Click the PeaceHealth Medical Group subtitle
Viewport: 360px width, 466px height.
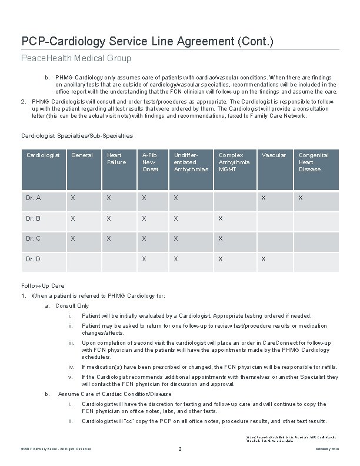(76, 58)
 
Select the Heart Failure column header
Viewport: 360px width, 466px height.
(116, 159)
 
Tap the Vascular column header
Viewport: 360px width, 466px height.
(274, 155)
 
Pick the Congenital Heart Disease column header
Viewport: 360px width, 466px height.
(314, 162)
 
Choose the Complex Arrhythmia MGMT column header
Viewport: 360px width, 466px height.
(234, 162)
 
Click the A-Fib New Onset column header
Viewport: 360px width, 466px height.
(151, 162)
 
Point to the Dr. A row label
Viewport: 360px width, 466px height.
(34, 198)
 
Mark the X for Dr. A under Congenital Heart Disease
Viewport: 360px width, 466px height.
(301, 198)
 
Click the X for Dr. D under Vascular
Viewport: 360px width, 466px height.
(264, 259)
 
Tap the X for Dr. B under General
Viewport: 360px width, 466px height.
(73, 219)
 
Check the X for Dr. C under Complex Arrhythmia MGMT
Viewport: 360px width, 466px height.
(221, 239)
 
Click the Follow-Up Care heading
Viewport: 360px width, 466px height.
(43, 285)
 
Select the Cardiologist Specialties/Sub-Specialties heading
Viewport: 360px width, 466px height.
(77, 136)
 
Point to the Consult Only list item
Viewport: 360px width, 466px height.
(72, 306)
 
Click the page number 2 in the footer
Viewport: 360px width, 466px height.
(179, 450)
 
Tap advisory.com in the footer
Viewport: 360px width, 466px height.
(328, 450)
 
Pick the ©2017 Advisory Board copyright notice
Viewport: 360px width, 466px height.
(56, 450)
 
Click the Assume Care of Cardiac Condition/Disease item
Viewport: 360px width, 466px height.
(115, 394)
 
